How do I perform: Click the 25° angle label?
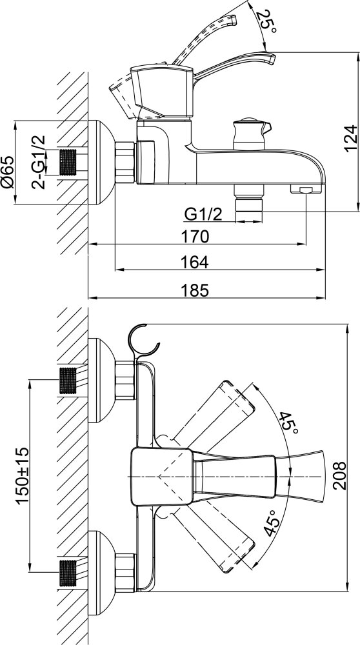coord(266,21)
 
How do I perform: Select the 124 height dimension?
coord(350,138)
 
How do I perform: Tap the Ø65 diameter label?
coord(8,172)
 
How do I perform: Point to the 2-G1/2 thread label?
coord(38,162)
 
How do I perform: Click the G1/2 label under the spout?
coord(203,214)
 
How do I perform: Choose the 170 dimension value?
coord(195,237)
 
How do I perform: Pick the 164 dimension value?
coord(195,262)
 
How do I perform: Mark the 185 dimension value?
coord(195,290)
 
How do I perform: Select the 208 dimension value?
coord(339,475)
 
